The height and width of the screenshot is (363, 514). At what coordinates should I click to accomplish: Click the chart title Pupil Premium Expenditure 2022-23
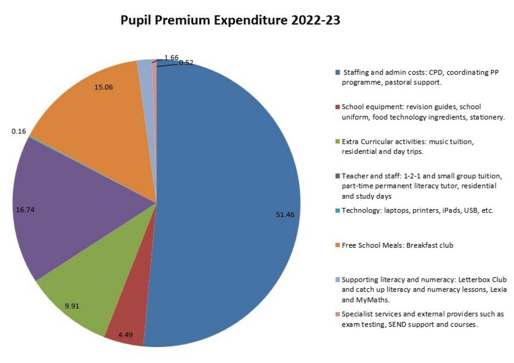230,21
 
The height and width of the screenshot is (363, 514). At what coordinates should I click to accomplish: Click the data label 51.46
285,214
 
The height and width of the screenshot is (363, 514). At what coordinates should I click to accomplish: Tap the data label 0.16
19,131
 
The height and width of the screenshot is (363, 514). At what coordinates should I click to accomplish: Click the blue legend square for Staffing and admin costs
337,73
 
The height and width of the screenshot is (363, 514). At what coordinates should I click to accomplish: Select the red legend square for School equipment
337,107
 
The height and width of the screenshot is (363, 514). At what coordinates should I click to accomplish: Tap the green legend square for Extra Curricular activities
337,142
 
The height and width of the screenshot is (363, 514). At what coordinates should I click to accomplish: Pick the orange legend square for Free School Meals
337,245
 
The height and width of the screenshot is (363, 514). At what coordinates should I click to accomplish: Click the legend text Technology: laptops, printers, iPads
418,211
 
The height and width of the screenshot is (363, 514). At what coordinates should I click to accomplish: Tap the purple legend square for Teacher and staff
337,176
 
